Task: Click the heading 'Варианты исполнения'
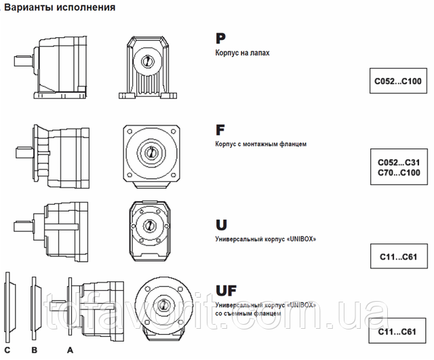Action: (60, 7)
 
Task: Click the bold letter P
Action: (220, 39)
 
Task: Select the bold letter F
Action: (220, 130)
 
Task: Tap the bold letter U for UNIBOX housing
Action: (221, 224)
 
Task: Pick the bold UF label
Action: (226, 291)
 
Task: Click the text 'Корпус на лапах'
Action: (242, 53)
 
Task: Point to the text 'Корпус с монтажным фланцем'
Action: (260, 144)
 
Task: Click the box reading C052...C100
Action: (398, 81)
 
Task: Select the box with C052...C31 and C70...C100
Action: (399, 167)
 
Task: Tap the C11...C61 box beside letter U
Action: (399, 256)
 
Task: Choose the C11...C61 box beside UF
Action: (397, 331)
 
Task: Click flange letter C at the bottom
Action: (7, 350)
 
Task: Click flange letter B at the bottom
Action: (35, 350)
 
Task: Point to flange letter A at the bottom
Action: (70, 350)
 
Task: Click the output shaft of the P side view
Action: (24, 60)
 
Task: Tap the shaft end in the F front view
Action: (151, 152)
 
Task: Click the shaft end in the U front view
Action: (149, 225)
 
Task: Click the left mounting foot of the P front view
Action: (127, 96)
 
